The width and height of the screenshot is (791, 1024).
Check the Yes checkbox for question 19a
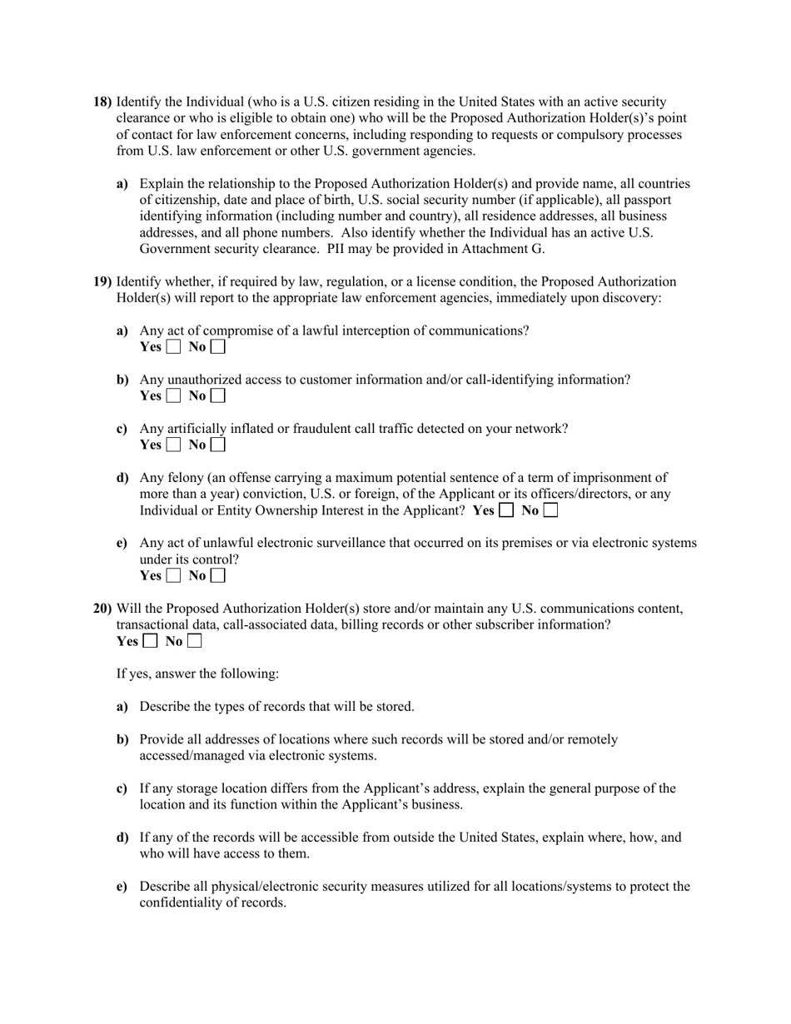(x=173, y=346)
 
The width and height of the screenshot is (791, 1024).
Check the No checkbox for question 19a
(x=217, y=346)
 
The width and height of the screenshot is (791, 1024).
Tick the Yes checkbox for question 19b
(x=173, y=395)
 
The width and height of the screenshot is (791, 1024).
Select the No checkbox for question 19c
(x=217, y=445)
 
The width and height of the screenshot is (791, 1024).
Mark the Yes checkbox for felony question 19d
(x=506, y=510)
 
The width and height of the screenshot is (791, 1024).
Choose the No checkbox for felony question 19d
(x=550, y=510)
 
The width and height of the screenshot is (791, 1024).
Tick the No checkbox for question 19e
(x=217, y=575)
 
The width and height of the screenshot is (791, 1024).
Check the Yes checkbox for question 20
(x=150, y=641)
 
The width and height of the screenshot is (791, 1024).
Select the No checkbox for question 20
(x=194, y=641)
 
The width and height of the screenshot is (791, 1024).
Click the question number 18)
(x=102, y=102)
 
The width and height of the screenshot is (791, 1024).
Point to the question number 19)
(x=102, y=281)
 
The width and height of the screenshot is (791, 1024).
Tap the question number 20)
(x=102, y=609)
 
